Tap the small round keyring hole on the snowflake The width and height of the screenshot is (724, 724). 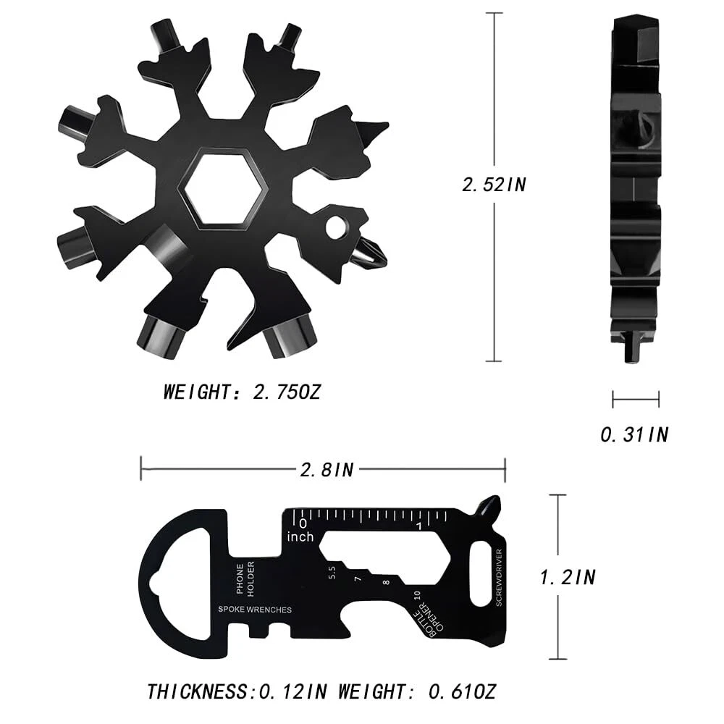[337, 227]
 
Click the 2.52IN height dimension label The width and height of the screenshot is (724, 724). [494, 185]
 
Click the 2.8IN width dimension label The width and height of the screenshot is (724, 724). [327, 470]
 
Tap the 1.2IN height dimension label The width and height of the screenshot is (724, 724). [568, 577]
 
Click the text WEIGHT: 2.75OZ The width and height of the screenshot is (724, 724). [242, 392]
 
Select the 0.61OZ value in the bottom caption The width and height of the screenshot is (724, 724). [462, 691]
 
